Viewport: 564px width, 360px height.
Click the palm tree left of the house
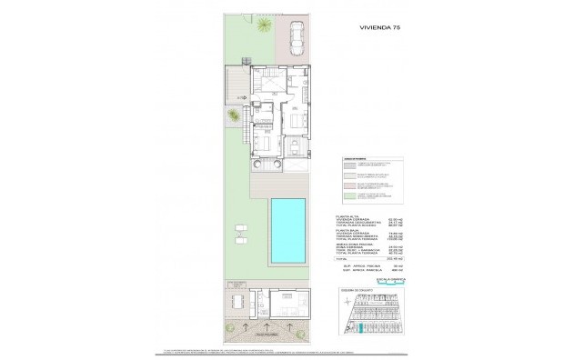pyautogui.click(x=235, y=116)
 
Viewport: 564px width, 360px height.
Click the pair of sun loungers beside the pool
pyautogui.click(x=241, y=228)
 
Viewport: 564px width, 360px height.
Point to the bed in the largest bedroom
pyautogui.click(x=260, y=143)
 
